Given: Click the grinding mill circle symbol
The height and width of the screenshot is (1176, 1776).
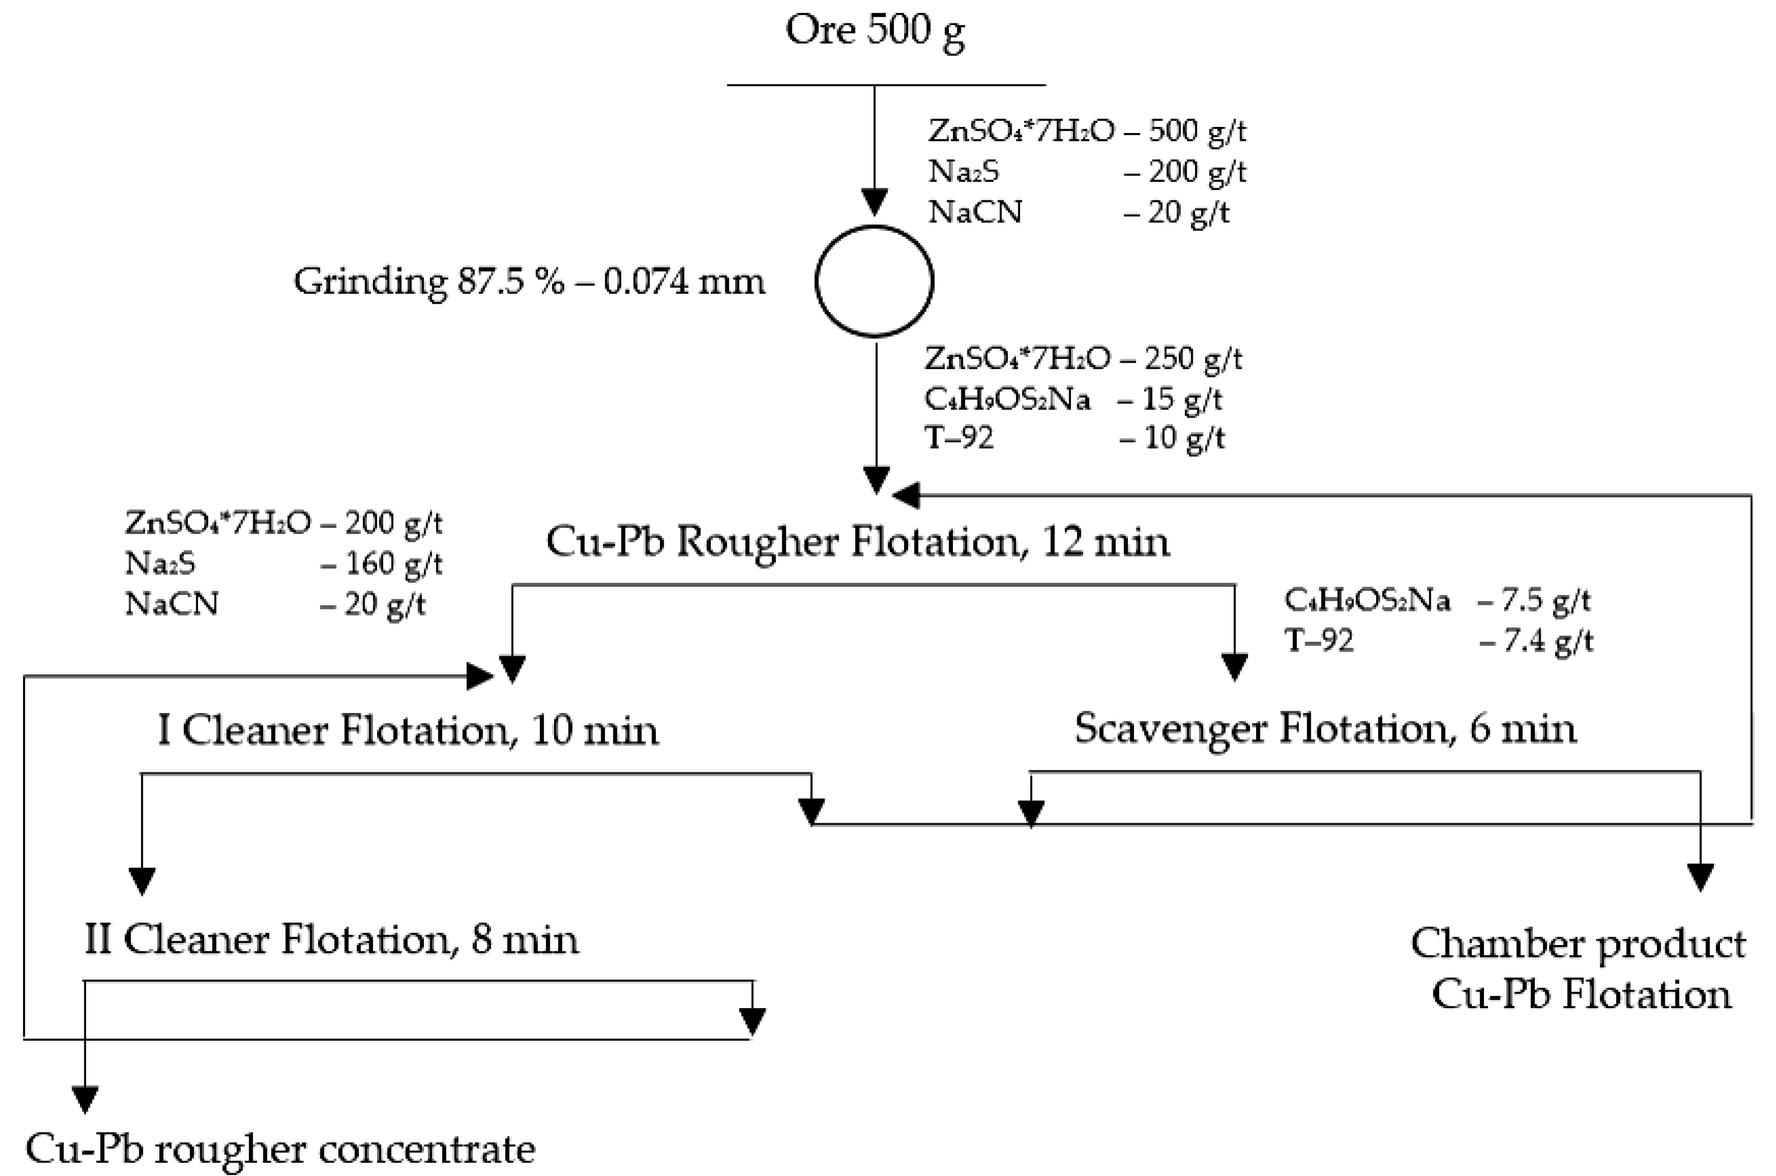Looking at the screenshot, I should (x=875, y=281).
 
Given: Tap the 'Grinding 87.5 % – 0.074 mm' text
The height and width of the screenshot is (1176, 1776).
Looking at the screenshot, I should (x=529, y=282).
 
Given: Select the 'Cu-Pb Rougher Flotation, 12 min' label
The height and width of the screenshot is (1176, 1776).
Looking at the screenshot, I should (x=857, y=541).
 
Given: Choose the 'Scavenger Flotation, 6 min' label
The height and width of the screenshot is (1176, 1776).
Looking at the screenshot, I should (x=1325, y=728).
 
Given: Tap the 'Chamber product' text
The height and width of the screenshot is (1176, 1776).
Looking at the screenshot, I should (x=1578, y=943).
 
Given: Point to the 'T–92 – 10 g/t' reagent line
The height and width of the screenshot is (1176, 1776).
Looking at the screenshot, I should (x=1074, y=437).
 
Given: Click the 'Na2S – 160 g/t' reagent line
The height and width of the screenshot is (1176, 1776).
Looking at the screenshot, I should (x=284, y=563).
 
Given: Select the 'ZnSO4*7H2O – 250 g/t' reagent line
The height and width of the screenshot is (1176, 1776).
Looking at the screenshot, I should (x=1083, y=358).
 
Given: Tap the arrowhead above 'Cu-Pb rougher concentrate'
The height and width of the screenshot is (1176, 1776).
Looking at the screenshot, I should (x=85, y=1099).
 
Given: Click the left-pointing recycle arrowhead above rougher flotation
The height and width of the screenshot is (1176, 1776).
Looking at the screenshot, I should (x=906, y=495).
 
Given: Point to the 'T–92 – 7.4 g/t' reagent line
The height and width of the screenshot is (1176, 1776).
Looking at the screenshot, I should (x=1438, y=640).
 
